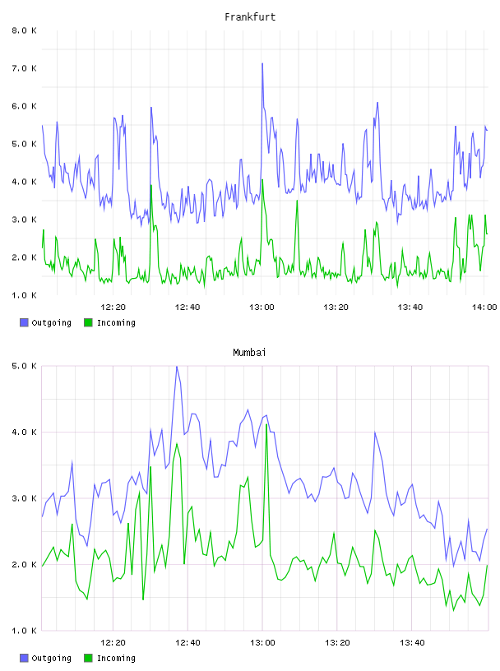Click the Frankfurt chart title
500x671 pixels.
tap(250, 17)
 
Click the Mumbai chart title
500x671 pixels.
tap(249, 353)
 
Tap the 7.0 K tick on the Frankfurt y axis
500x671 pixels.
tap(25, 68)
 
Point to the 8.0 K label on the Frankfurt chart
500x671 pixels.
tap(25, 30)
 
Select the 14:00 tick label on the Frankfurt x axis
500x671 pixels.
tap(484, 308)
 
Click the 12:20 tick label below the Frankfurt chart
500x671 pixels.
tap(113, 308)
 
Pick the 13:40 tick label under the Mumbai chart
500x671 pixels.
tap(412, 643)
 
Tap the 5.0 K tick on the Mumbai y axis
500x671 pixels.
tap(25, 366)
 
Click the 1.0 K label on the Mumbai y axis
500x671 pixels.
tap(25, 631)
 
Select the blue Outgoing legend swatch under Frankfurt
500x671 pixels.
tap(24, 322)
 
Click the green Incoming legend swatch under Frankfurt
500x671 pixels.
tap(88, 322)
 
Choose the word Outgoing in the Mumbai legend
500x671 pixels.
tap(51, 658)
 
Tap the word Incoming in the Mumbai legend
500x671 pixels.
tap(116, 658)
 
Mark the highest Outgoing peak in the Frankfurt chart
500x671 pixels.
tap(262, 64)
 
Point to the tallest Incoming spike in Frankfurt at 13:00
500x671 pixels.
tap(262, 180)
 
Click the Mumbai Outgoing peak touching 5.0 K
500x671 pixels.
tap(177, 367)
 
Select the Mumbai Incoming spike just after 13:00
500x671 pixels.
tap(266, 425)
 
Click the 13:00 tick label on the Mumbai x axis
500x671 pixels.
tap(262, 643)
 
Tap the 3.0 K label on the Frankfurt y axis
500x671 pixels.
tap(25, 220)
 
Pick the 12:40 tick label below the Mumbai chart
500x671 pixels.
tap(187, 643)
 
